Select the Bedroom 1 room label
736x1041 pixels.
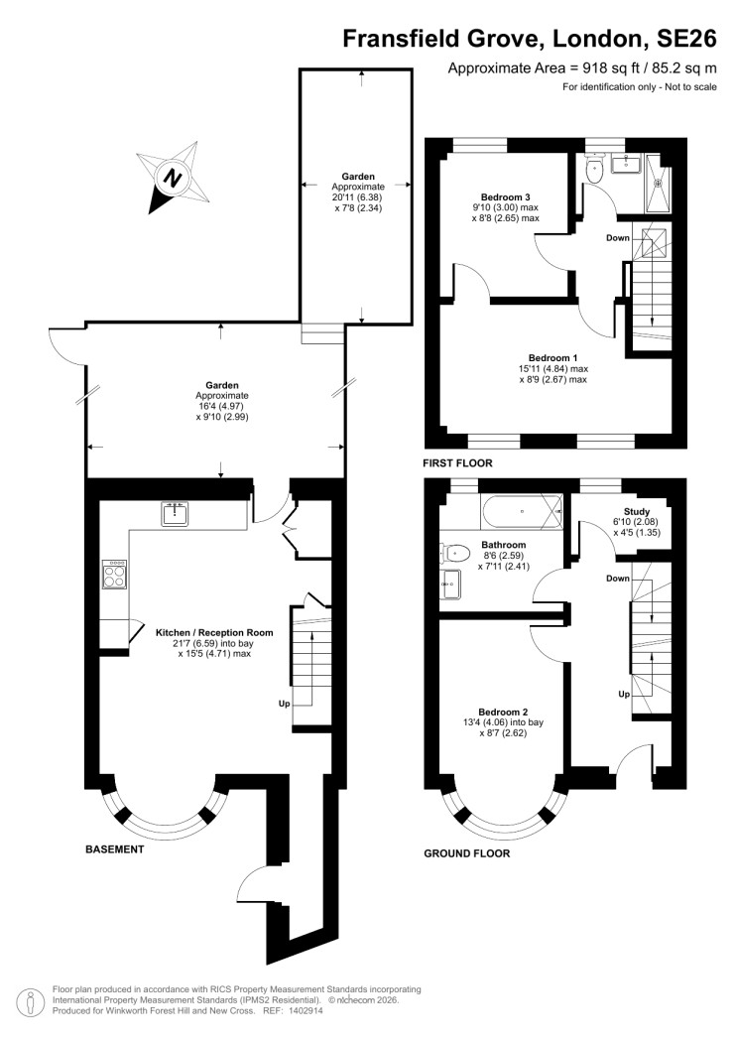[x=552, y=357]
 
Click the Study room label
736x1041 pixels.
[x=637, y=511]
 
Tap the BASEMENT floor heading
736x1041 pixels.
[x=115, y=849]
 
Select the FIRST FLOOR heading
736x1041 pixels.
[x=457, y=463]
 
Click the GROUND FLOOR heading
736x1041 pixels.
[x=466, y=852]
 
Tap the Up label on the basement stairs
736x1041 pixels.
[x=285, y=704]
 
